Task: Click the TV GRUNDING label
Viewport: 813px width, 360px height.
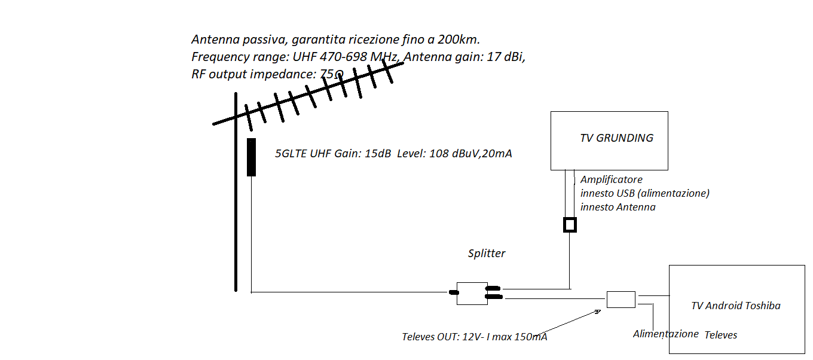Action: point(616,138)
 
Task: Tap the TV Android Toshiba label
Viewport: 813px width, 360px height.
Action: point(735,306)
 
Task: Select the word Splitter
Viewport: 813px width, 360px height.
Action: point(487,254)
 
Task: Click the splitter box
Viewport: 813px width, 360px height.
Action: point(472,294)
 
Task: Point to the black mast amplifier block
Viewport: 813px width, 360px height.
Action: point(251,157)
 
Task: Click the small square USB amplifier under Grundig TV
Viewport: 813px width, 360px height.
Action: point(570,225)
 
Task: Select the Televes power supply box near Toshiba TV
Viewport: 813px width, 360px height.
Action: point(621,300)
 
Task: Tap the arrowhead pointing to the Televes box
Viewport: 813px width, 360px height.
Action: point(597,312)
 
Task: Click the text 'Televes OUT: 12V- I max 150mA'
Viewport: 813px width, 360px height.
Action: point(475,337)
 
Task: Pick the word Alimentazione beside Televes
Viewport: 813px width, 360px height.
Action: point(666,334)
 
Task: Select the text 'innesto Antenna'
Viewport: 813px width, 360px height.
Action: point(618,208)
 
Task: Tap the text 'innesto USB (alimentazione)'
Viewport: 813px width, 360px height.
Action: point(644,193)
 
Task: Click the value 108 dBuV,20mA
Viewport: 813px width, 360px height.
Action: point(470,154)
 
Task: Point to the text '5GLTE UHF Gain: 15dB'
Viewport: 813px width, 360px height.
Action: point(333,154)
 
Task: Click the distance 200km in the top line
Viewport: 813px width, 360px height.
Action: point(459,39)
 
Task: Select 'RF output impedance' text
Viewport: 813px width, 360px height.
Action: point(253,74)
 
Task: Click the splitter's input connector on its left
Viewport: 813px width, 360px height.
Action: point(453,292)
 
